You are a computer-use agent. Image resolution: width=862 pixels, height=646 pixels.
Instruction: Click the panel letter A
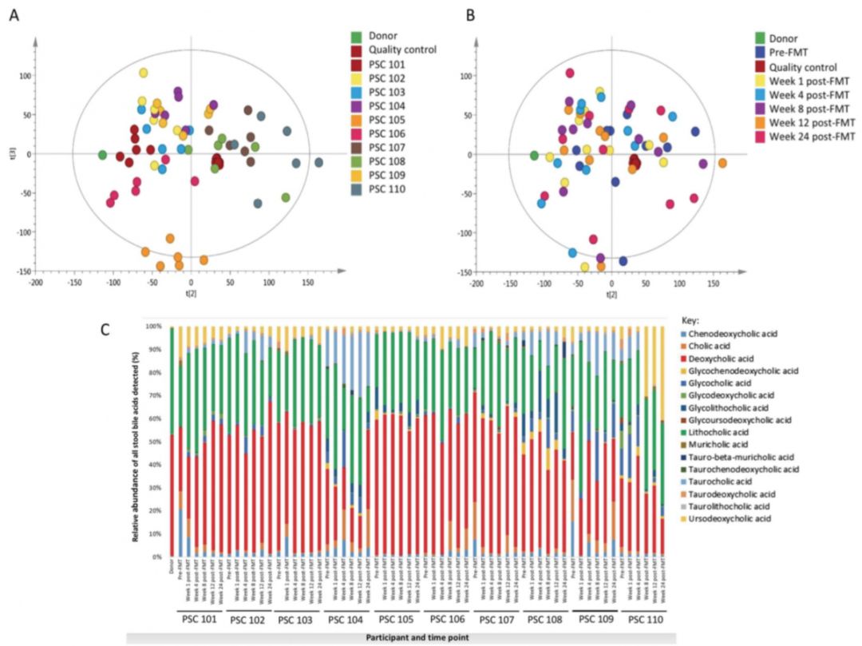coord(14,14)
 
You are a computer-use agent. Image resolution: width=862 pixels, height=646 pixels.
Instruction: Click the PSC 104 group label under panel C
coord(345,620)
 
